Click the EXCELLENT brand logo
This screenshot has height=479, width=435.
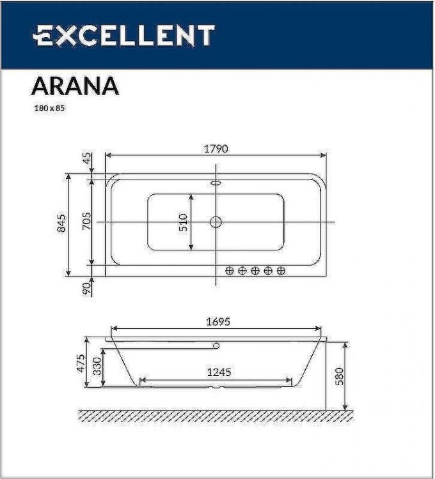tap(123, 35)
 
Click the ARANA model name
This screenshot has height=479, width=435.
tap(75, 86)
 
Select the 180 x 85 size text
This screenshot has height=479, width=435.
tap(50, 108)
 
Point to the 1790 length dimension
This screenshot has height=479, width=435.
tap(216, 149)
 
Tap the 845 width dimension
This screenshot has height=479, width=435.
tap(62, 224)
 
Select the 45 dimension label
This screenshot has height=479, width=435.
tap(87, 159)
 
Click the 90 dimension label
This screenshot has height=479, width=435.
tap(87, 288)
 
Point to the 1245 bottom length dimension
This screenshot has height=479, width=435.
tap(218, 372)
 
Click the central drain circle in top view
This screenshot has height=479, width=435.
tap(216, 222)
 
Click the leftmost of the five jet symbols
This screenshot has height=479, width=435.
tap(230, 271)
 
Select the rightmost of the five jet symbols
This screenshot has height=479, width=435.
tap(281, 271)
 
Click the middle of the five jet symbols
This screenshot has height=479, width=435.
tap(255, 271)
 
